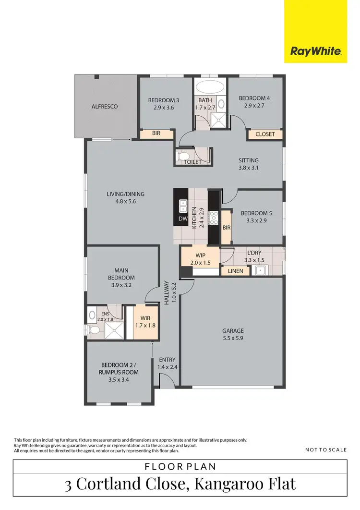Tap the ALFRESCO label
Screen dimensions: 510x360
[x=105, y=107]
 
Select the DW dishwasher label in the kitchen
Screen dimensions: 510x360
[x=182, y=219]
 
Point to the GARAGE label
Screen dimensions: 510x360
[x=233, y=330]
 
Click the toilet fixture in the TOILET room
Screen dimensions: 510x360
[x=184, y=156]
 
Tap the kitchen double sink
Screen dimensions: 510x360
[x=183, y=206]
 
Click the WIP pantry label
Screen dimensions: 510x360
[x=200, y=255]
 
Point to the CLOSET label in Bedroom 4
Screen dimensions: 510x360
[x=265, y=134]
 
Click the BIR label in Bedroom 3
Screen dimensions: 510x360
[x=156, y=134]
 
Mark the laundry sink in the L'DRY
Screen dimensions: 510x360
[x=261, y=270]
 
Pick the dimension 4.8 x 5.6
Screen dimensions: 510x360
[x=126, y=202]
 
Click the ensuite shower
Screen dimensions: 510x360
[x=114, y=329]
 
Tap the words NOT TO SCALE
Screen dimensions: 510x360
[x=325, y=450]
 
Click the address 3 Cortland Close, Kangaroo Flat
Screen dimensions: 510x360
[x=180, y=484]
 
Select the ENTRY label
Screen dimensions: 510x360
[x=167, y=360]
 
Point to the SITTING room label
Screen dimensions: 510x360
[x=249, y=160]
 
